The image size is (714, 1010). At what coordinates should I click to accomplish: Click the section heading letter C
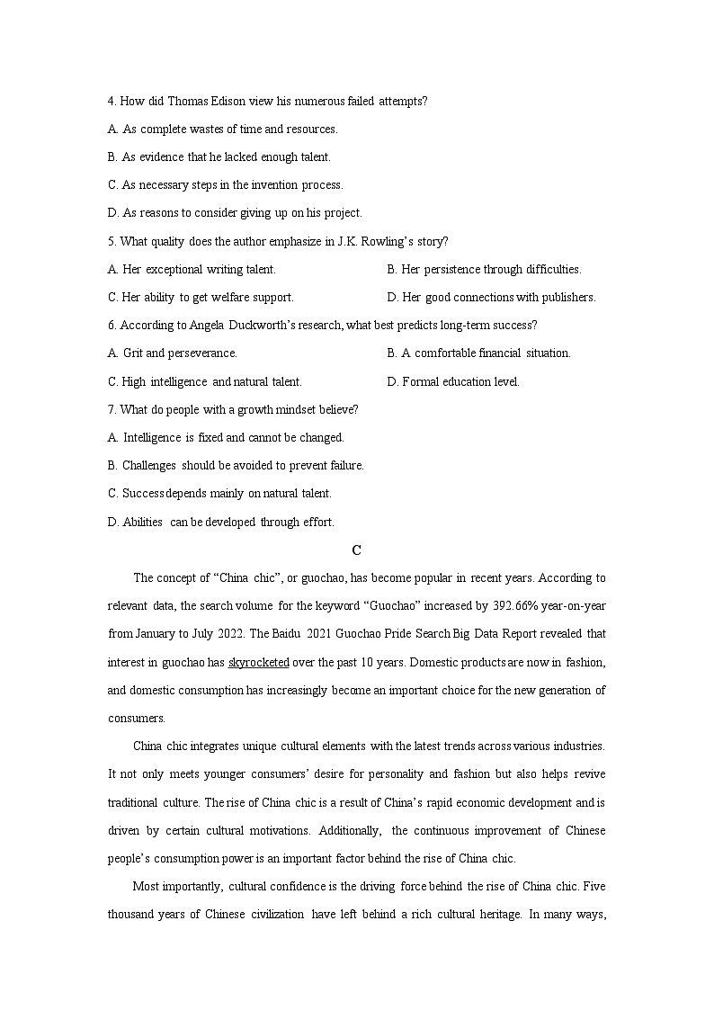(x=356, y=550)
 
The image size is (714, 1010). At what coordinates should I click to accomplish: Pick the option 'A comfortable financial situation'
(x=486, y=353)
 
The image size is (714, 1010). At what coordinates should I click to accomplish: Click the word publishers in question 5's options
(x=567, y=297)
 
